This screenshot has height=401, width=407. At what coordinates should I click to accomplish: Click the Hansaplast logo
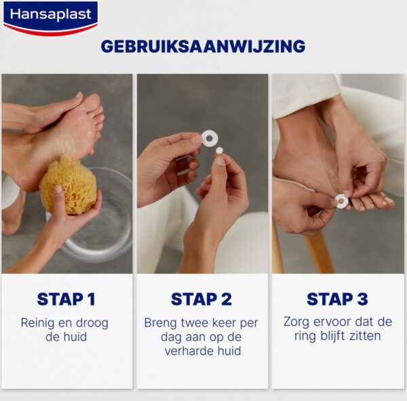click(51, 18)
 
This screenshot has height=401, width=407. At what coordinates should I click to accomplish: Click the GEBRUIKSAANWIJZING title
click(203, 46)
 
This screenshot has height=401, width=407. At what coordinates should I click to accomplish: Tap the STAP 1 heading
click(66, 299)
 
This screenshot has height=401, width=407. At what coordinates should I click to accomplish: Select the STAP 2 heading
click(201, 299)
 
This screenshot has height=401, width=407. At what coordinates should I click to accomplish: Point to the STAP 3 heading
click(337, 299)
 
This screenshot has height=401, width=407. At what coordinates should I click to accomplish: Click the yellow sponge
click(68, 186)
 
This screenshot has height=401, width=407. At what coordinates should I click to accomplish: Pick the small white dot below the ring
click(219, 150)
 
